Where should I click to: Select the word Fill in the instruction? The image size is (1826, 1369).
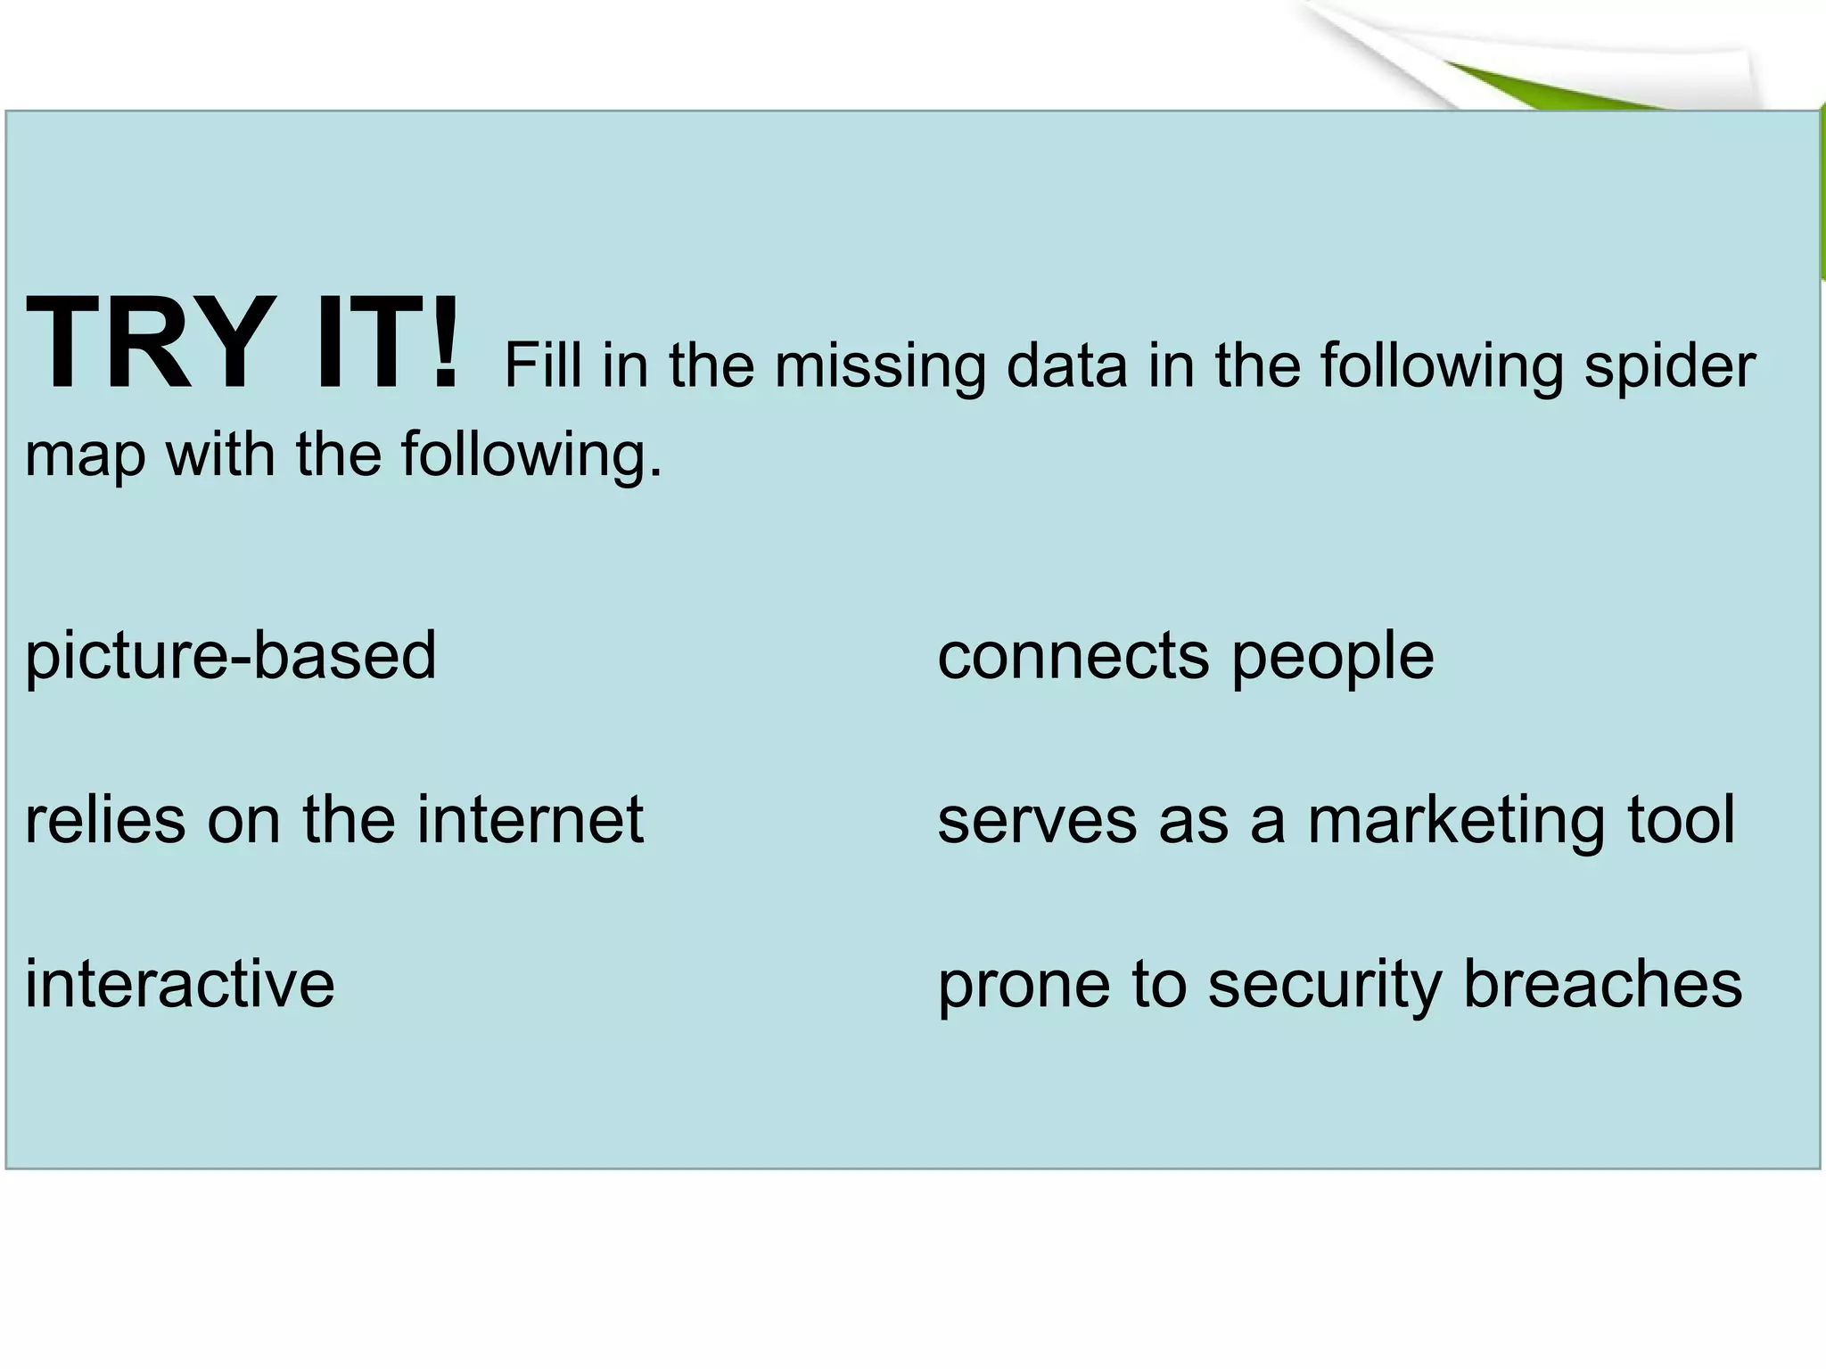tap(544, 365)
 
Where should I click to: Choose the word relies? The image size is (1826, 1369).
tap(105, 819)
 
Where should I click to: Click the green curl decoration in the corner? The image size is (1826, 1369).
tap(1569, 85)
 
